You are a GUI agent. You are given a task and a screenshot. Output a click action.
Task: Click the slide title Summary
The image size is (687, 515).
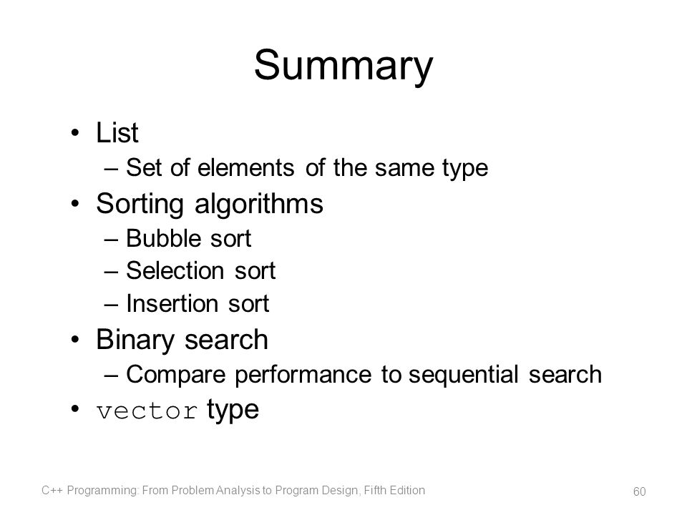[343, 66]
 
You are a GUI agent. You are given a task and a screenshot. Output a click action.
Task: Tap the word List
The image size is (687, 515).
[117, 132]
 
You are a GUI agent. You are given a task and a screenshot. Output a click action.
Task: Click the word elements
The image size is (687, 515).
[245, 167]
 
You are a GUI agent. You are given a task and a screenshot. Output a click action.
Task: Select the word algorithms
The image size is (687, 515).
[259, 204]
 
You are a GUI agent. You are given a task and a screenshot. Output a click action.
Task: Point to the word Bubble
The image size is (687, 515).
[164, 239]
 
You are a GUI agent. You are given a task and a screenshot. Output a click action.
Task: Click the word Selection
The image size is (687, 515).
[176, 270]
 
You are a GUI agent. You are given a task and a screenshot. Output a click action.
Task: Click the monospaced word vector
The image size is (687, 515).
[147, 411]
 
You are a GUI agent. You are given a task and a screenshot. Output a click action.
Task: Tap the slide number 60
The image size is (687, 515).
[639, 491]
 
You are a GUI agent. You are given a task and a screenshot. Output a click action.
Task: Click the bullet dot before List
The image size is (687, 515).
[75, 133]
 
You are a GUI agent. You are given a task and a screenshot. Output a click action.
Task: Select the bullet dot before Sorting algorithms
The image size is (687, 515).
[75, 204]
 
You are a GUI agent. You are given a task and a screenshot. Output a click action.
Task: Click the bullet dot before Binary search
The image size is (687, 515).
[75, 339]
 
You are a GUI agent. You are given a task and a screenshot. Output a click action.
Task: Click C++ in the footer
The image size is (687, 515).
[52, 490]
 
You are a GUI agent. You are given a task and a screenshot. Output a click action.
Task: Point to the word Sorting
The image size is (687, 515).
[140, 204]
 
